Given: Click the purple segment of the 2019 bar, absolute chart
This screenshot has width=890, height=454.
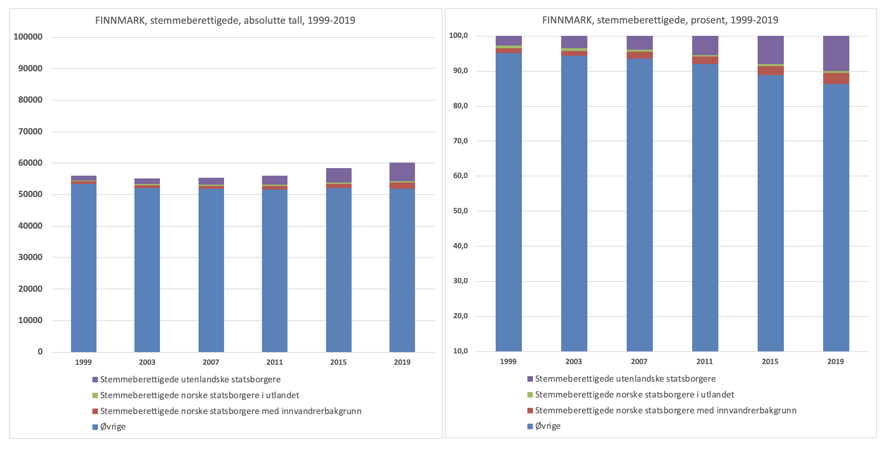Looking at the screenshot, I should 402,172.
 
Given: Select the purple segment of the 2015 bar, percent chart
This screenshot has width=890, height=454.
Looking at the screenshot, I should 770,50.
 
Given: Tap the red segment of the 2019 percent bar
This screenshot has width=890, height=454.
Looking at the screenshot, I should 836,79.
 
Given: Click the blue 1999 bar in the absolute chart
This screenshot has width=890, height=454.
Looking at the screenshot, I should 84,268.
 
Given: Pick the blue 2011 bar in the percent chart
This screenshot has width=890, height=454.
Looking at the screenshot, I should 705,207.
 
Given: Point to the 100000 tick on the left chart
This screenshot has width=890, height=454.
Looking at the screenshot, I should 28,37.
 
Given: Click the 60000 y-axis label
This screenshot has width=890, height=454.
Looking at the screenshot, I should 30,163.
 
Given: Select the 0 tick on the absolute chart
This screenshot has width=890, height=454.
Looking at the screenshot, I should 40,352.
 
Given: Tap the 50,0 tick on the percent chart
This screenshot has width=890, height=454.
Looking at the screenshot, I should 460,211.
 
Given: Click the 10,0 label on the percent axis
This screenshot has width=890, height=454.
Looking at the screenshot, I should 460,351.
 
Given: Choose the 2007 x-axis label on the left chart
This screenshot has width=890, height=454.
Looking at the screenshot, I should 211,362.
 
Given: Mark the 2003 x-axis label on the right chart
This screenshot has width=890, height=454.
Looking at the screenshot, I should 574,361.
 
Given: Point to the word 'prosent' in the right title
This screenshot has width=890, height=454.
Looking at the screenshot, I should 708,20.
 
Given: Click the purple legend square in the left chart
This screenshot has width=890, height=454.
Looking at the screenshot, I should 95,380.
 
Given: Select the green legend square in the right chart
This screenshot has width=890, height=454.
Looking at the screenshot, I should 530,395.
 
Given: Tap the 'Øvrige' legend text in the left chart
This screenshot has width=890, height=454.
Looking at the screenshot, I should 113,427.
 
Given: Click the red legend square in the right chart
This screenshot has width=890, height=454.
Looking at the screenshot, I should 530,411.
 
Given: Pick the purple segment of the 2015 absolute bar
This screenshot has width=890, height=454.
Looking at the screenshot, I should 338,175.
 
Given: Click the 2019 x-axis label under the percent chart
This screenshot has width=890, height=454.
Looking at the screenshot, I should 836,361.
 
